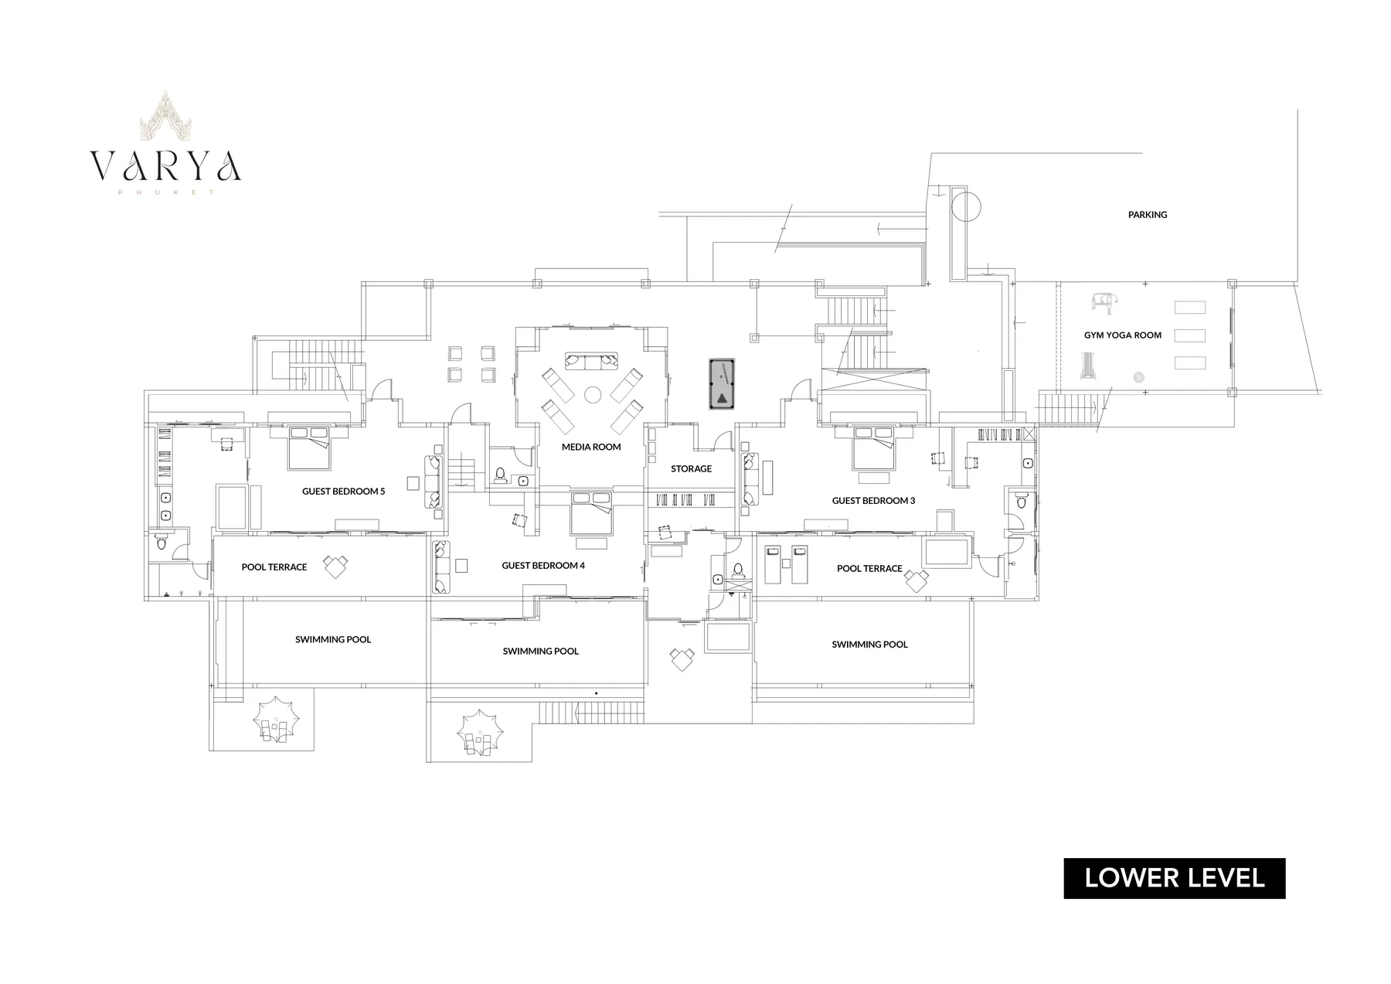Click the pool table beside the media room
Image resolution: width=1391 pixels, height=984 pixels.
click(x=722, y=383)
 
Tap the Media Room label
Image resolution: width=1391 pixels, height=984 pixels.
click(x=591, y=447)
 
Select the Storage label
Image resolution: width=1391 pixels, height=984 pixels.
click(x=691, y=468)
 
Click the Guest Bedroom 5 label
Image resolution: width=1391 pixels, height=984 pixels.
click(x=343, y=491)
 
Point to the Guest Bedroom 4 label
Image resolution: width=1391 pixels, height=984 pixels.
click(x=543, y=565)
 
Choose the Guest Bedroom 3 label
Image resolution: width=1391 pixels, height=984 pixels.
click(x=873, y=500)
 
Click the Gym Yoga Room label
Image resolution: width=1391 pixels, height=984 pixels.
click(x=1123, y=335)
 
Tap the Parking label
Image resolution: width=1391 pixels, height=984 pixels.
click(x=1148, y=214)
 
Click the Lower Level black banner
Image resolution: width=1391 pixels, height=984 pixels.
click(x=1175, y=878)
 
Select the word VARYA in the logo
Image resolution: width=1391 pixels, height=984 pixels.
click(x=165, y=165)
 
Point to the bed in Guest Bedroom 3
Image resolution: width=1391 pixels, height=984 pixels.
click(x=874, y=448)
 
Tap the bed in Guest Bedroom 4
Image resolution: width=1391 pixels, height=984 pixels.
click(x=592, y=512)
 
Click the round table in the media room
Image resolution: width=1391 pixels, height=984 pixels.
click(x=593, y=394)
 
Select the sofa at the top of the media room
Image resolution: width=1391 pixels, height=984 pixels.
click(x=592, y=360)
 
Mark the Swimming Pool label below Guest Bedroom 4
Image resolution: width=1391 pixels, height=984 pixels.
click(x=541, y=651)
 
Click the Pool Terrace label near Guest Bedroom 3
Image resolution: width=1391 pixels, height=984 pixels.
click(x=869, y=568)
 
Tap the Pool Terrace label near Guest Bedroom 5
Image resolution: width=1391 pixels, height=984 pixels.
click(x=274, y=567)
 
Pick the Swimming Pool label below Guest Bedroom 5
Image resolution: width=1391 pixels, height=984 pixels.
click(x=333, y=639)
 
